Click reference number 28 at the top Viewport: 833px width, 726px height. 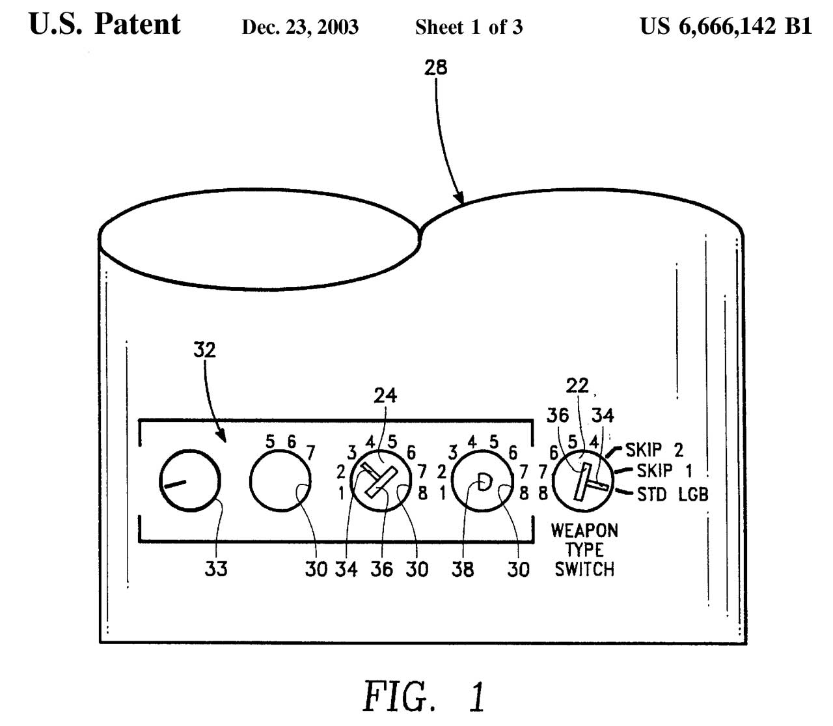435,67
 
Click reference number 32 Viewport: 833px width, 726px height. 204,350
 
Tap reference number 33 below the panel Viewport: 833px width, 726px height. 217,569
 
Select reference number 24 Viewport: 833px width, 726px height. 385,395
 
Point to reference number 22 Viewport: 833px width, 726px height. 577,386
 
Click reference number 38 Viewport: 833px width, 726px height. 462,570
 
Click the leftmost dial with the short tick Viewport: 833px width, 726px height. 190,481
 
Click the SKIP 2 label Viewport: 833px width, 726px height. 654,450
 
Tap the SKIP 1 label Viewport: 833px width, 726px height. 663,471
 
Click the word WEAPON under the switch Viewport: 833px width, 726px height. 584,530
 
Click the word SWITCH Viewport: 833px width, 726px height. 584,569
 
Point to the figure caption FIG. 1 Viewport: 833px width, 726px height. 424,695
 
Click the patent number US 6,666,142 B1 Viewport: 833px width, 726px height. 726,26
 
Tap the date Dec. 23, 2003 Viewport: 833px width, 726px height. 300,27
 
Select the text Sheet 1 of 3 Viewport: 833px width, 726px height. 469,27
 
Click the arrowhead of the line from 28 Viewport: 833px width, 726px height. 461,200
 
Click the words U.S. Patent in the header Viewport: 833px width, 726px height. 105,24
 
